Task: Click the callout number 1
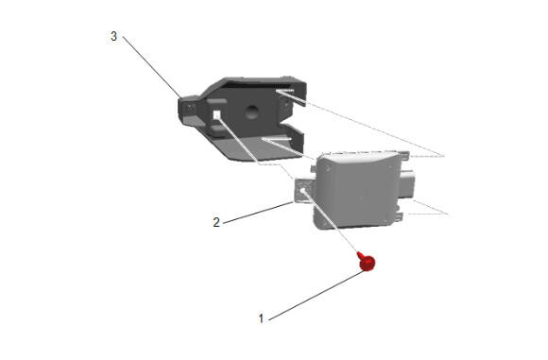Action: (261, 318)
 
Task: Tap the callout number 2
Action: (216, 222)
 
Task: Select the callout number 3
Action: (114, 36)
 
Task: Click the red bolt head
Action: (368, 264)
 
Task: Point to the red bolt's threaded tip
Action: (359, 253)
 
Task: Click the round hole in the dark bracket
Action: (251, 111)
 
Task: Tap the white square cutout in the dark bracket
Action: (216, 114)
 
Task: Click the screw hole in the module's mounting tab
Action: (302, 191)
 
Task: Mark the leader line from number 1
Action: (317, 295)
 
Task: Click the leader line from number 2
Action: (258, 213)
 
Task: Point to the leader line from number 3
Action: (152, 67)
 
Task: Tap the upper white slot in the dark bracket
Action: (285, 91)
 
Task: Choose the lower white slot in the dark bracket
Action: (277, 139)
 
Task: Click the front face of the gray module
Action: (356, 191)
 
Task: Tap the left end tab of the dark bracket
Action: (189, 110)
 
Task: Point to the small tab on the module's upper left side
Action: (313, 169)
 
